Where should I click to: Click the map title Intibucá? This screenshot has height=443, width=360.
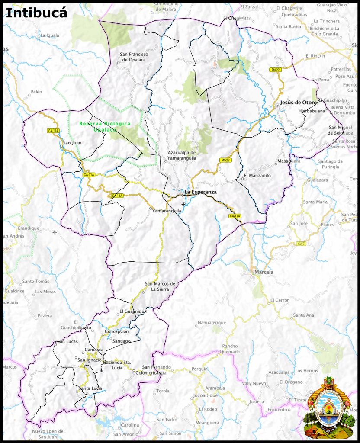tap(36, 13)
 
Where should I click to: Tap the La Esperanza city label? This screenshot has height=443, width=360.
tap(200, 192)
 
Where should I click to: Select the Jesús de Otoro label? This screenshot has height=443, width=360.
tap(299, 103)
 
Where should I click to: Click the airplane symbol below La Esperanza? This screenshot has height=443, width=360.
tap(183, 204)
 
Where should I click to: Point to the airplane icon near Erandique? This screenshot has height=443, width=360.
tap(55, 232)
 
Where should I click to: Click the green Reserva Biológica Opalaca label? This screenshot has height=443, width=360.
tap(105, 126)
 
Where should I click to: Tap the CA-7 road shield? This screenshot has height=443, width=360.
tap(301, 244)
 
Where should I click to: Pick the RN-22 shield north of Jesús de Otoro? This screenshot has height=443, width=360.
tap(275, 70)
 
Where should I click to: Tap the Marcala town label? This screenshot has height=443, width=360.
tap(264, 272)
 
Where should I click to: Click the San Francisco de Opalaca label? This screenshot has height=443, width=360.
tap(134, 57)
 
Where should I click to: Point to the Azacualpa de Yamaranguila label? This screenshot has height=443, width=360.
tap(182, 155)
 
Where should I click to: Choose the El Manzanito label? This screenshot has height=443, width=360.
tap(257, 176)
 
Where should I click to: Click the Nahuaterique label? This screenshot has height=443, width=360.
tap(212, 323)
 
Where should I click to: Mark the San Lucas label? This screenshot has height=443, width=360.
tap(67, 342)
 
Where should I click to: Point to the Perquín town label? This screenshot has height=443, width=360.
tap(199, 369)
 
